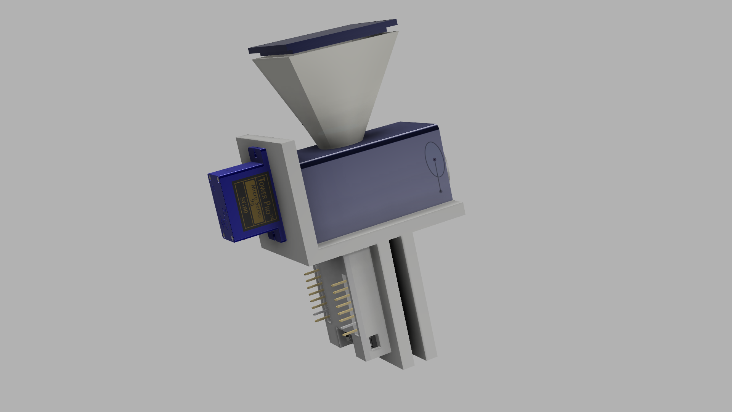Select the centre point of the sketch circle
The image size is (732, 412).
pos(434,159)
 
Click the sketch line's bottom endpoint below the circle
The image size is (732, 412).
pos(440,191)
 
